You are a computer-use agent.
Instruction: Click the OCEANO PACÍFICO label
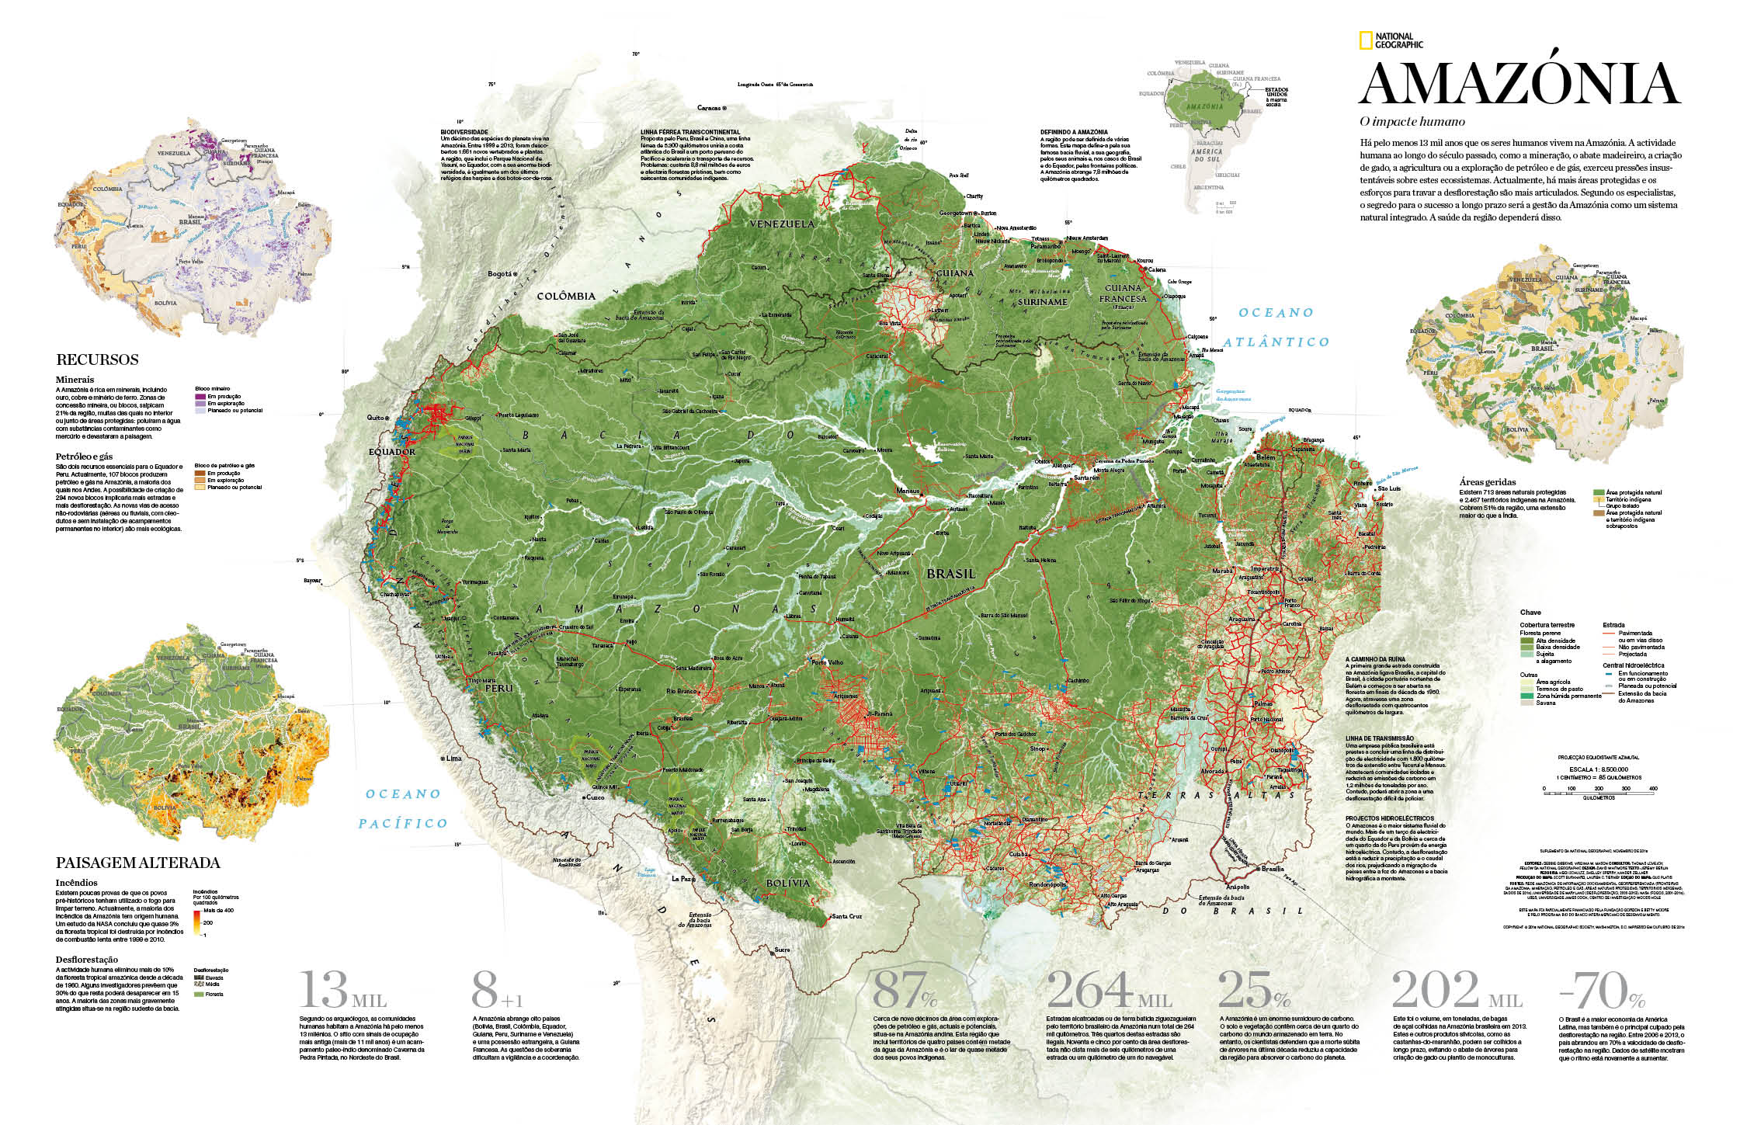tap(402, 808)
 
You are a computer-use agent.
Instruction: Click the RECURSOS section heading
tap(97, 359)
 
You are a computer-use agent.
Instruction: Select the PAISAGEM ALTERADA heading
tap(137, 863)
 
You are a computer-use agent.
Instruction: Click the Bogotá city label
tap(500, 274)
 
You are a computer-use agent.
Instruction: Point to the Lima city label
tap(452, 759)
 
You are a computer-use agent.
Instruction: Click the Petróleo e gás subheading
tap(84, 457)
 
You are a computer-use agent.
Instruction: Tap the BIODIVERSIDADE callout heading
tap(464, 132)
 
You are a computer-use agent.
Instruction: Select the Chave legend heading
tap(1530, 612)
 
